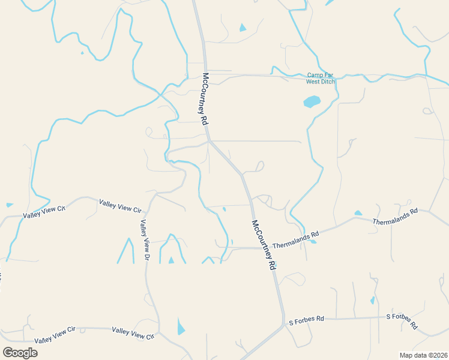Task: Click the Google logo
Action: [x=20, y=352]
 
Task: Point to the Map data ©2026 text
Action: [x=423, y=355]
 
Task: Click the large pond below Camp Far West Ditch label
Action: [x=312, y=101]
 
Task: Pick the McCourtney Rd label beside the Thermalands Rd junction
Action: [x=264, y=244]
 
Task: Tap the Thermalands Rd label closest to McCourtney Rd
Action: [x=295, y=241]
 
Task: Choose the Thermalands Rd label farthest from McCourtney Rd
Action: [x=394, y=217]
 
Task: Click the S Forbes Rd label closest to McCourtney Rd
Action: [x=306, y=319]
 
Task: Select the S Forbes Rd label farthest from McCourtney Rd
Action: [x=402, y=321]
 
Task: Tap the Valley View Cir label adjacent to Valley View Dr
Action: [x=121, y=207]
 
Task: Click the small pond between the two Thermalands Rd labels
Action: [x=358, y=213]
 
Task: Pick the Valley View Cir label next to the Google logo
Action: [x=55, y=335]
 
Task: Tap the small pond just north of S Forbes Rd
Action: [x=372, y=300]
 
